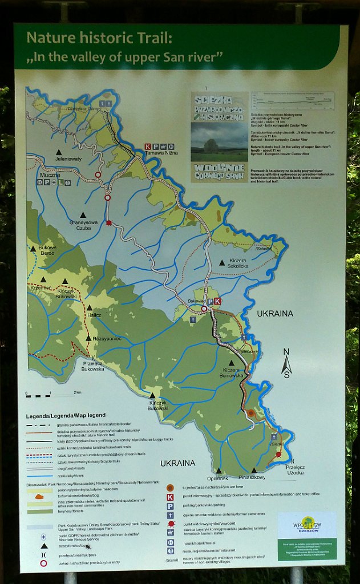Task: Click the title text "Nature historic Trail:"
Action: [x=99, y=38]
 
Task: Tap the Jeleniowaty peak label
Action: [x=68, y=159]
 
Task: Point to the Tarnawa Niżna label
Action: [x=162, y=153]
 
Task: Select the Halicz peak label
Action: [x=94, y=315]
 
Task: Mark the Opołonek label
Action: [x=217, y=477]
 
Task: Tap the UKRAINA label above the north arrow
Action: [x=274, y=314]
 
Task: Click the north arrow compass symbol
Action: [x=286, y=363]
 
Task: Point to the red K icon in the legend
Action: [x=170, y=498]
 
